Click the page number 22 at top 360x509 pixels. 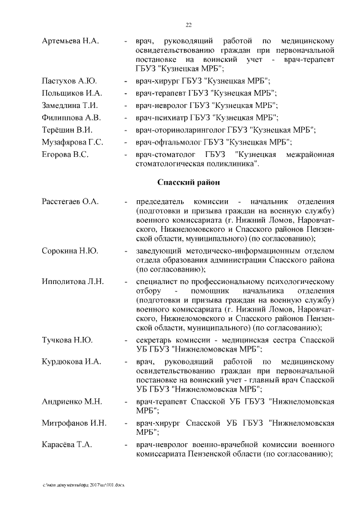189,24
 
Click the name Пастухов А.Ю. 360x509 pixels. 69,81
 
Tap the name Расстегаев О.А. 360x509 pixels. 71,202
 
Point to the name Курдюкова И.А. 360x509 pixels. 71,362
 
